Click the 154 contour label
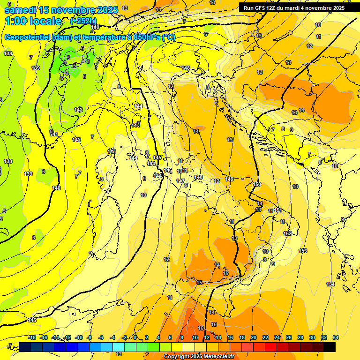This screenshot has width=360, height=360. [x=330, y=285]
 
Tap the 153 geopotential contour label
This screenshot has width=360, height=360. [x=303, y=251]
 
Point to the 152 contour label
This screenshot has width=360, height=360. [x=287, y=233]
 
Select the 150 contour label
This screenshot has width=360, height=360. [x=257, y=184]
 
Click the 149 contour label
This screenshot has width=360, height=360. [x=229, y=179]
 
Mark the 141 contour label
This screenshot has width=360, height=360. [x=54, y=135]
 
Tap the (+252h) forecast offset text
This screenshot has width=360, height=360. [x=83, y=21]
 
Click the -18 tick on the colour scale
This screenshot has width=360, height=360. [x=32, y=337]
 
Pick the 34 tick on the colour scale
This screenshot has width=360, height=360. [x=336, y=337]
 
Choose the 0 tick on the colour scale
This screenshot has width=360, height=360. [x=135, y=337]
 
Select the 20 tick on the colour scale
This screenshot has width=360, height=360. [x=254, y=337]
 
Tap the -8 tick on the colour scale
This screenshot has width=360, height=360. [x=89, y=337]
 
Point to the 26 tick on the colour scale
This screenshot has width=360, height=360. [x=289, y=337]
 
